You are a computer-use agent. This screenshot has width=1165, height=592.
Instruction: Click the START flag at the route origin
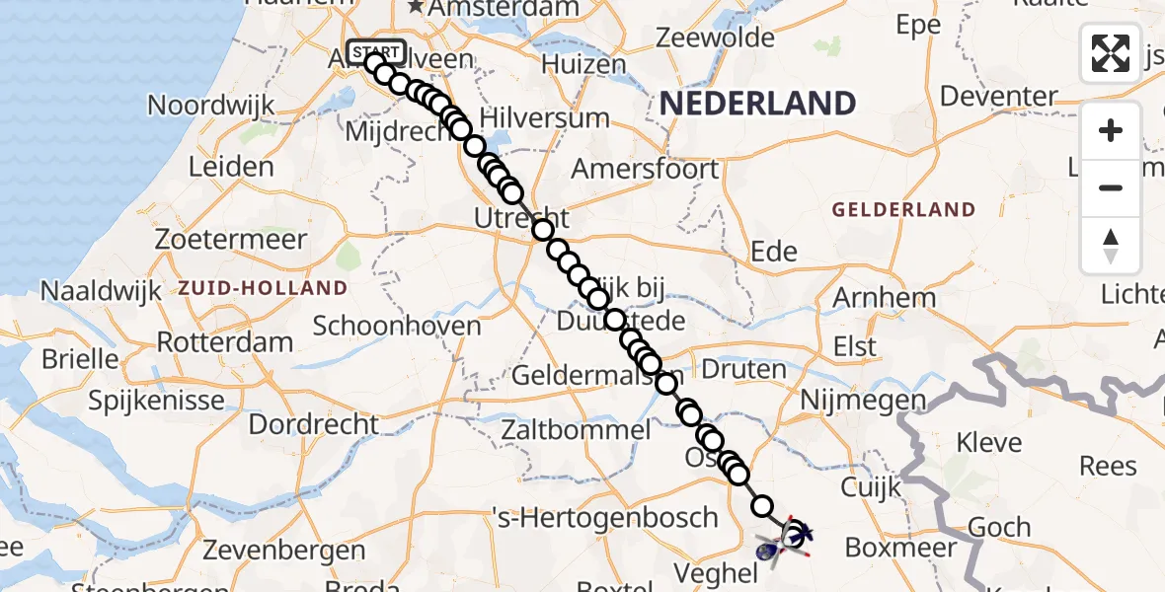coord(375,51)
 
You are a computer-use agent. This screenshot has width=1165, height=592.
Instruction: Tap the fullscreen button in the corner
coord(1111,53)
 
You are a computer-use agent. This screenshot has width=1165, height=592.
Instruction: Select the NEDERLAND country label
coord(757,103)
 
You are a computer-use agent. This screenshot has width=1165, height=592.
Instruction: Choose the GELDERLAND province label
coord(903,210)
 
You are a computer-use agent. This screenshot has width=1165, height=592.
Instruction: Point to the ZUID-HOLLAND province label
coord(263,288)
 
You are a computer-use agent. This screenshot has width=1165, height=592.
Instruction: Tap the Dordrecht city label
coord(313,424)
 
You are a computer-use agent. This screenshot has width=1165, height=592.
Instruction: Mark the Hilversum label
coord(544,118)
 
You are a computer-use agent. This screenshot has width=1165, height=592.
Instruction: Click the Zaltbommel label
coord(576,430)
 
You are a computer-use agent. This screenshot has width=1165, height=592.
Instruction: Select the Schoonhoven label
coord(397,326)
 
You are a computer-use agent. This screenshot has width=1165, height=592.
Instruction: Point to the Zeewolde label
coord(716,38)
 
